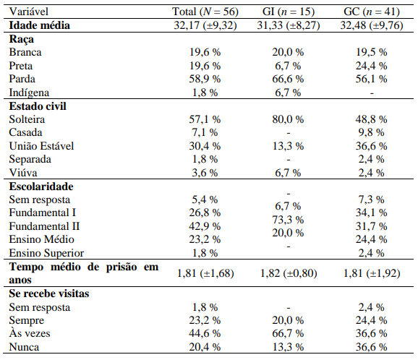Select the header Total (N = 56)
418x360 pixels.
(206, 12)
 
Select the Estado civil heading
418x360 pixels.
(38, 106)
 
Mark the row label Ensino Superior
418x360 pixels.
(46, 253)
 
